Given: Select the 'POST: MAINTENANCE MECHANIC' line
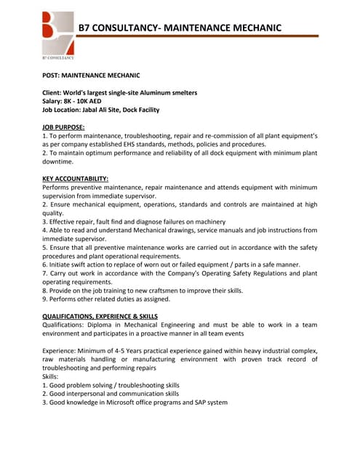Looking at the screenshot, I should (x=91, y=75).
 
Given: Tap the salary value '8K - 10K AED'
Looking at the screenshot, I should (x=91, y=101).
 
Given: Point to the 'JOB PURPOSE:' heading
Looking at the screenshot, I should (x=63, y=127).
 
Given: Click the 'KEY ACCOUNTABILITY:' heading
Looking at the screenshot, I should (x=76, y=179).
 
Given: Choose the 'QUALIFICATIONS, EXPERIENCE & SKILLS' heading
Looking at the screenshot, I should (x=100, y=316).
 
